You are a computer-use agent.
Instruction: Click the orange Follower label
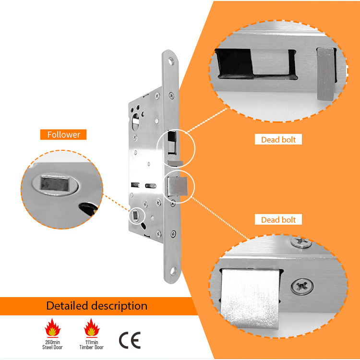click(x=63, y=134)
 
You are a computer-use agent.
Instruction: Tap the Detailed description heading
click(x=96, y=306)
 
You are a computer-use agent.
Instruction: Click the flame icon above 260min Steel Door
click(x=53, y=328)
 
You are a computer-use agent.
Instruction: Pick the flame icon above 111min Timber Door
click(x=92, y=328)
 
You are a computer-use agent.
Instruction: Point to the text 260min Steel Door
click(x=53, y=344)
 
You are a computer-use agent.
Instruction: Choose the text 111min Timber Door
click(x=92, y=344)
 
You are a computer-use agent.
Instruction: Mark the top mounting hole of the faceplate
click(x=170, y=62)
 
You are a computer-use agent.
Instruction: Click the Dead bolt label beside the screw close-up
click(x=278, y=220)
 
